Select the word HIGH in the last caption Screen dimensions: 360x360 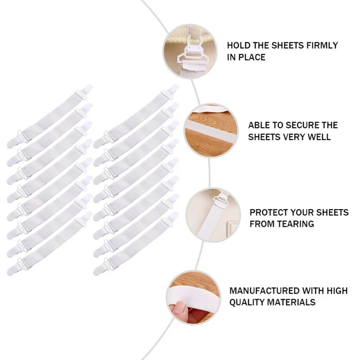337,291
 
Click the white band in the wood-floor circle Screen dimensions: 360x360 211,130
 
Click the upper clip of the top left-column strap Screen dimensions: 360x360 84,92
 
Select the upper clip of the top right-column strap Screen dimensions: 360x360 170,92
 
